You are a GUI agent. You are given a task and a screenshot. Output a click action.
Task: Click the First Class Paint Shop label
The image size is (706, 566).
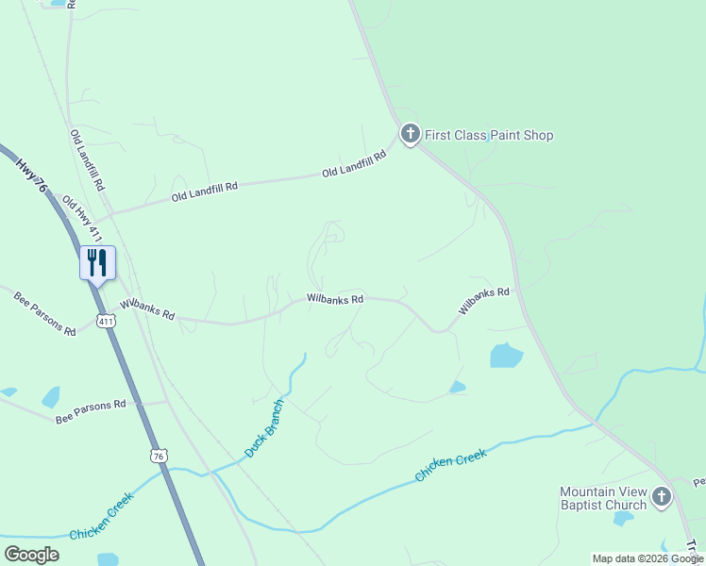point(489,135)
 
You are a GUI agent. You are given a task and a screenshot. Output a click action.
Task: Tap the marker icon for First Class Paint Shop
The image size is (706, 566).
point(410,135)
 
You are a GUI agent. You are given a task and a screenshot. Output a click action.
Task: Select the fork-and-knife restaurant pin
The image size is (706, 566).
point(97,262)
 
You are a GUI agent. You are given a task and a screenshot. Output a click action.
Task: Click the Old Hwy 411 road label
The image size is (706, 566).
point(81,216)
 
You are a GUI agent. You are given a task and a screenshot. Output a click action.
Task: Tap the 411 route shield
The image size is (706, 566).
point(108,322)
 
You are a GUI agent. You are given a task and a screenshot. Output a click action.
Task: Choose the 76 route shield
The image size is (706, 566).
point(159,456)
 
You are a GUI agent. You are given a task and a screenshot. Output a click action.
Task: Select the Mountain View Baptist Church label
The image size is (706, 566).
point(603,498)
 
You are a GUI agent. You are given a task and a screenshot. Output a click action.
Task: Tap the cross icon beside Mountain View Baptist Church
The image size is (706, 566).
point(662,496)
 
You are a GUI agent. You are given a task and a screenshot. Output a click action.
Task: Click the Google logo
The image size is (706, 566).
point(31,554)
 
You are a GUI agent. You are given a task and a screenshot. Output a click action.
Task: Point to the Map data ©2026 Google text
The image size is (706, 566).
point(648,558)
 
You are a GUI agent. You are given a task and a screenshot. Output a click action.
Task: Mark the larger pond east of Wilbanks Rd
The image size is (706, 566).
point(506,355)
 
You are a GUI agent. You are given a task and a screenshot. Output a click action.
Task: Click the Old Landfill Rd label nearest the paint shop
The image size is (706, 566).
point(355,164)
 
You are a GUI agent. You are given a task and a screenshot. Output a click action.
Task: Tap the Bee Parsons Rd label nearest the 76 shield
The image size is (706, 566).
point(90,411)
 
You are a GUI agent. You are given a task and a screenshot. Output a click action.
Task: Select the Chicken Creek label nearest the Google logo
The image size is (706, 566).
point(102,515)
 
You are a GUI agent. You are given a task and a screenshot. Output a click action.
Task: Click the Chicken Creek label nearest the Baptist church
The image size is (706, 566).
point(451,466)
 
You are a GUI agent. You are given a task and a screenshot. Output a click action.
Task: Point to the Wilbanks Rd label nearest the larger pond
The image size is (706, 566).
point(484,301)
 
